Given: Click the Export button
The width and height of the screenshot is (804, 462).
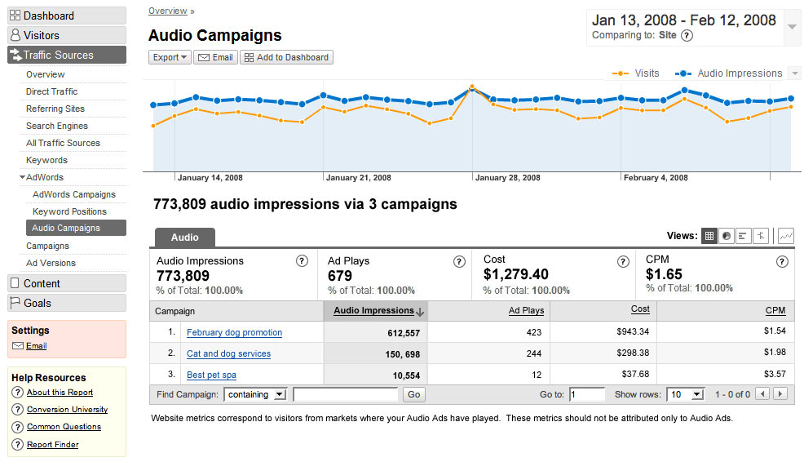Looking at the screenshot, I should pyautogui.click(x=170, y=57).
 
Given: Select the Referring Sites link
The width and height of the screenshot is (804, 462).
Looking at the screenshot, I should pyautogui.click(x=55, y=109).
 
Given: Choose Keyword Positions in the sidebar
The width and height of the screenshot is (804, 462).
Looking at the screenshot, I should pyautogui.click(x=69, y=211).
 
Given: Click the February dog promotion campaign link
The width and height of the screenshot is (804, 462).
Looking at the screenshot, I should pyautogui.click(x=234, y=332).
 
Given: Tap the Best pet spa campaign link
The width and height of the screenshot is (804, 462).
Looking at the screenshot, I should pyautogui.click(x=212, y=375).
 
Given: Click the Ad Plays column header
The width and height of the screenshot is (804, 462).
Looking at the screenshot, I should pyautogui.click(x=526, y=310).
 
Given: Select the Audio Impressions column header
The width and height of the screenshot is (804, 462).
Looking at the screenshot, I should pyautogui.click(x=374, y=310).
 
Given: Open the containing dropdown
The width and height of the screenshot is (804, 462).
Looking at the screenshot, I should pyautogui.click(x=256, y=394).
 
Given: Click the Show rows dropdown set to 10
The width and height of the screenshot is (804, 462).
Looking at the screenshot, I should pyautogui.click(x=685, y=394).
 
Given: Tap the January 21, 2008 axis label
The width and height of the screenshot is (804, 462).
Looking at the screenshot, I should pyautogui.click(x=359, y=178).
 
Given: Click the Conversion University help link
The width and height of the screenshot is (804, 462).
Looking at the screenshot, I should pyautogui.click(x=67, y=410).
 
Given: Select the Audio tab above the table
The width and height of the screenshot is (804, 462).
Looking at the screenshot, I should pyautogui.click(x=184, y=238).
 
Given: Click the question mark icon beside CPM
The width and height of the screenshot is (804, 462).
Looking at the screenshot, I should pyautogui.click(x=782, y=262).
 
